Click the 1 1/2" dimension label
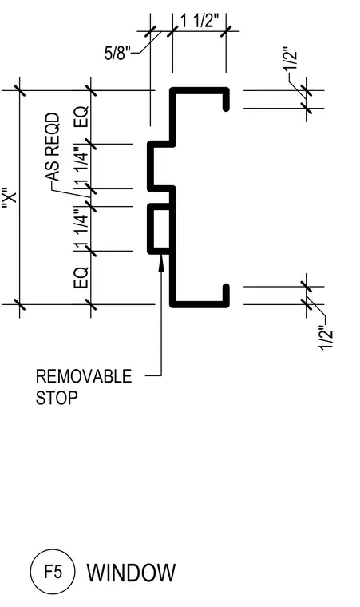(199, 21)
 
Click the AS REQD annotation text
(53, 147)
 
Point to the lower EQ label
(81, 277)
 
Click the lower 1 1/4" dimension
(81, 229)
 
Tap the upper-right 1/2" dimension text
(291, 58)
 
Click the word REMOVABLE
(84, 376)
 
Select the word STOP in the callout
(57, 398)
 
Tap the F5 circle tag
(53, 571)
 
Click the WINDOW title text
(131, 573)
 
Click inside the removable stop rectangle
(161, 229)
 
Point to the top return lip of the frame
(226, 100)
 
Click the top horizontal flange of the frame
(200, 90)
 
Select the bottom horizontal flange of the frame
(200, 304)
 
